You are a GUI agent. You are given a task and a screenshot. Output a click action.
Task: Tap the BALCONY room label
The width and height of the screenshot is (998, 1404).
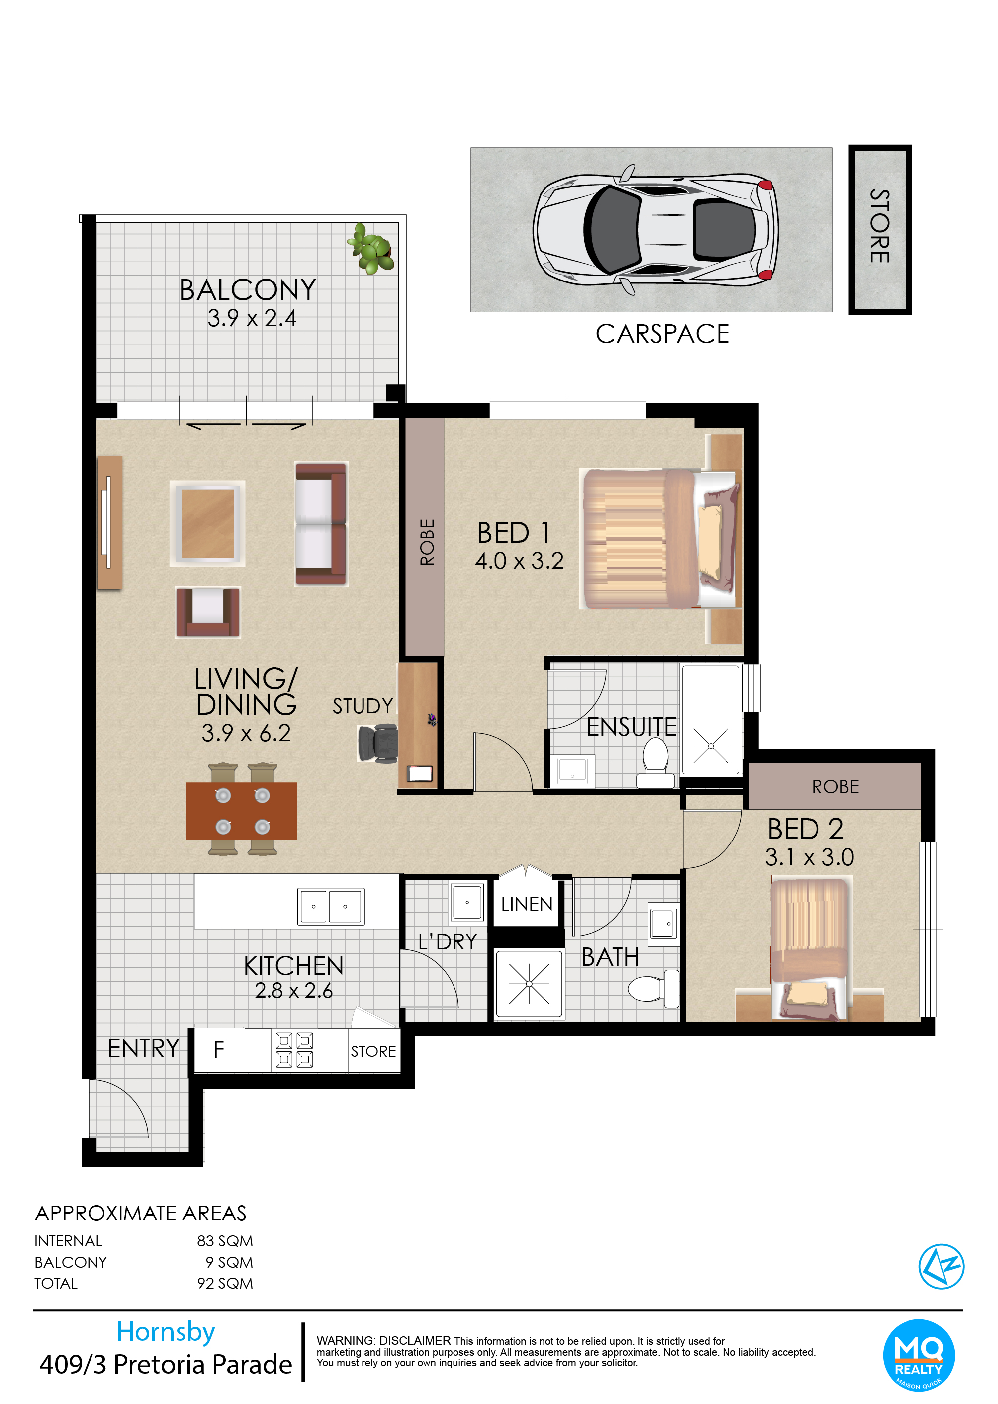point(248,290)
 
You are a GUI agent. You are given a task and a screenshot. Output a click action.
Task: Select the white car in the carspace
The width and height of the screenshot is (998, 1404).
point(655,230)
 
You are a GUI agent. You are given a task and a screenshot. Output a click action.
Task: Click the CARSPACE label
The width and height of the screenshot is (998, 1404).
point(662,334)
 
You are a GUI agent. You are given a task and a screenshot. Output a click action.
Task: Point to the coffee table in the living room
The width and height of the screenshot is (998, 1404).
point(208,524)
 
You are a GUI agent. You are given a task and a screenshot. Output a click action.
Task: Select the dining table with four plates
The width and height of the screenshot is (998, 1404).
point(242,811)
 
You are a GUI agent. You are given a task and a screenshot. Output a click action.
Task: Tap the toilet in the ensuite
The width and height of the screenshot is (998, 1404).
point(656,762)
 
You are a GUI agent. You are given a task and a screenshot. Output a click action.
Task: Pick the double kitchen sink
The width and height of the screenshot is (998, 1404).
point(331,906)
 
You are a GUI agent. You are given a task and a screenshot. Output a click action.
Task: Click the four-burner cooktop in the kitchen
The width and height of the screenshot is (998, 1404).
point(294,1050)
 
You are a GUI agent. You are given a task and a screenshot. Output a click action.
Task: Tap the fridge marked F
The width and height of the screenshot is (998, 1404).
point(219,1050)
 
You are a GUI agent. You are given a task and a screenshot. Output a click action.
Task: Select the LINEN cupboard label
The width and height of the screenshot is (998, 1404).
point(527,904)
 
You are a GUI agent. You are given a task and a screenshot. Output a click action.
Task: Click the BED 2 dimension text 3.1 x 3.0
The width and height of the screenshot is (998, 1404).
point(810,857)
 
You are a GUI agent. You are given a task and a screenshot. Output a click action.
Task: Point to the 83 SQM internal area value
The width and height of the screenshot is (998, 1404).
point(225,1241)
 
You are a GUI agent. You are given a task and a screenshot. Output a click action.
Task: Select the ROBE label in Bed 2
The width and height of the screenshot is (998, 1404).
point(835,787)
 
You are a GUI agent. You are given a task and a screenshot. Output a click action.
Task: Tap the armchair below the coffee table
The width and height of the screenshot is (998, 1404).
point(208,612)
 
